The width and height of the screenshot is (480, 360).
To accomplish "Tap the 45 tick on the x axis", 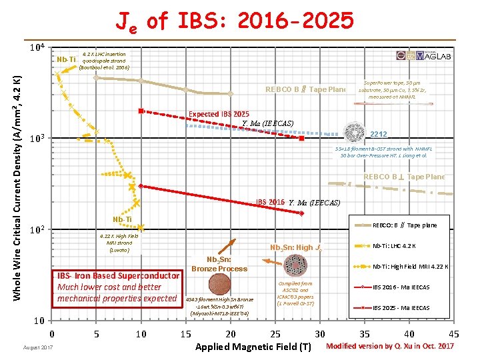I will coord(454,333).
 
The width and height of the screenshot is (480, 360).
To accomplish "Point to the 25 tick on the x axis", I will coord(275,333).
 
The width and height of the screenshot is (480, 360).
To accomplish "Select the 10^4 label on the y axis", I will coord(37,49).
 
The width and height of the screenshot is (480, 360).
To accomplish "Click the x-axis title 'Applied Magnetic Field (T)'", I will coord(253,347).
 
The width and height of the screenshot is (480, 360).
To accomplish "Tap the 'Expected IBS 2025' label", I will coord(219,114).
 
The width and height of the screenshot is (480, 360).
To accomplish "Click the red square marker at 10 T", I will coord(141,111).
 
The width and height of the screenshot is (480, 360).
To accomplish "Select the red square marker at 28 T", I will coord(302,139).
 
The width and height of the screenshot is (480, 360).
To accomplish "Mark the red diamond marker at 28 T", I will coord(301,213).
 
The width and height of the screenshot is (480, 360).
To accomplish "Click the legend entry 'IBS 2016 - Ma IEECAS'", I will coord(400,287).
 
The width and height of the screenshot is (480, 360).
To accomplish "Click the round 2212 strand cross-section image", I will coord(354,134).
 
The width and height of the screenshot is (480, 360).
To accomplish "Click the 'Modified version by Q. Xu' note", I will coord(390,346).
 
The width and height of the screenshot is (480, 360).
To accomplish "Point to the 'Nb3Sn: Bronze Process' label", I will coord(218,264).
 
